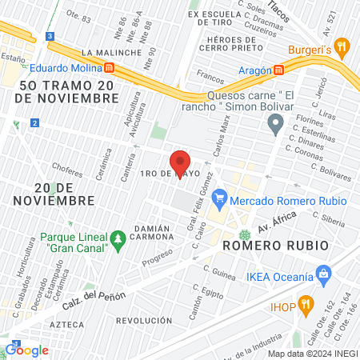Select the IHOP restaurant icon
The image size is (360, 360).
(306, 304)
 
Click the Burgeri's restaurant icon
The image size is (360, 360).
(342, 47)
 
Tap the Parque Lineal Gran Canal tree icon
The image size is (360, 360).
(118, 238)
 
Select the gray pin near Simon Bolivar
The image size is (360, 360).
(276, 124)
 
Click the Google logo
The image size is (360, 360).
(26, 350)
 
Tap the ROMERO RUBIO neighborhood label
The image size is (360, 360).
(275, 245)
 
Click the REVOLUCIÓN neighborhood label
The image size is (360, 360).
(144, 320)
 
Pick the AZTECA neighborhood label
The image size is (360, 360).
(66, 326)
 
